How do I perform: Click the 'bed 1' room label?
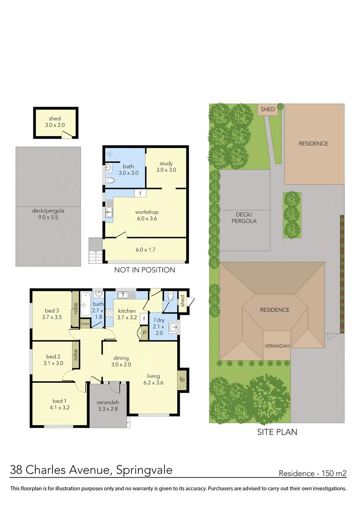[x=59, y=404]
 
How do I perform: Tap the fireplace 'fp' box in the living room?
[x=182, y=379]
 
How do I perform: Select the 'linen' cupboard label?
[x=85, y=324]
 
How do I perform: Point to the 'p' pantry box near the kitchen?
[x=145, y=333]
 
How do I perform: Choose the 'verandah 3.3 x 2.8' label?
[x=107, y=406]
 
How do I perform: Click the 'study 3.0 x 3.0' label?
[x=166, y=166]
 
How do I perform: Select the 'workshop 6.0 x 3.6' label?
[x=147, y=215]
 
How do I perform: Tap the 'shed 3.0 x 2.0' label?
[x=55, y=122]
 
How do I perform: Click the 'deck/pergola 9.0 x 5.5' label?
[x=48, y=214]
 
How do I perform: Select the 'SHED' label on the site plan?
[x=268, y=109]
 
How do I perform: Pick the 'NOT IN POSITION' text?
[x=145, y=270]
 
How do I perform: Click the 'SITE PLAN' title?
[x=277, y=431]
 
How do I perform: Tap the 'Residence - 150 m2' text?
[x=312, y=473]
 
